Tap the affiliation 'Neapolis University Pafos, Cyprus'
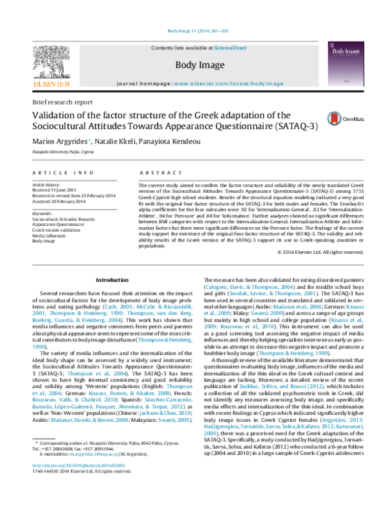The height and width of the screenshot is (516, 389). [x=62, y=150]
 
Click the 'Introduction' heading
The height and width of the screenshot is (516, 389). [x=112, y=280]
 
